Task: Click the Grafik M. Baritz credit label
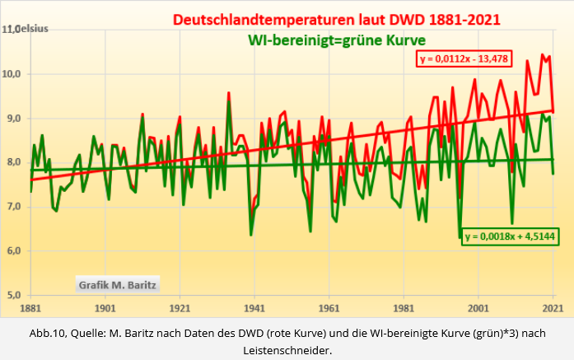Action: pyautogui.click(x=117, y=285)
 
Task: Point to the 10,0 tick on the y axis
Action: pyautogui.click(x=15, y=74)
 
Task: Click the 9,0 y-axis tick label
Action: pyautogui.click(x=15, y=119)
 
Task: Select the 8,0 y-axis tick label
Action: pyautogui.click(x=15, y=162)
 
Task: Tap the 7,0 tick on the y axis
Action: pyautogui.click(x=15, y=207)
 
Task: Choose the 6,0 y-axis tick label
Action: pyautogui.click(x=15, y=250)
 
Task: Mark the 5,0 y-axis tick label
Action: pyautogui.click(x=15, y=295)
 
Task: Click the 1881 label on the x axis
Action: pyautogui.click(x=30, y=308)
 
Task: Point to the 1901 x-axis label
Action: pyautogui.click(x=105, y=308)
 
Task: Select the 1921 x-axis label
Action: pyautogui.click(x=180, y=308)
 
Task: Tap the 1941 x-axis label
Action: pyautogui.click(x=254, y=308)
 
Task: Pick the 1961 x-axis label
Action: pyautogui.click(x=329, y=308)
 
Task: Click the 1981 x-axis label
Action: pyautogui.click(x=404, y=308)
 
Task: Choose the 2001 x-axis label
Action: pyautogui.click(x=478, y=308)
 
